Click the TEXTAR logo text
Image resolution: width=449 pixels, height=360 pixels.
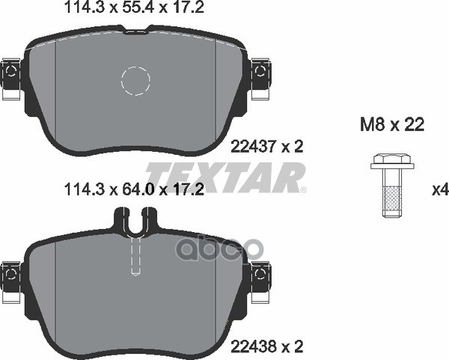pyautogui.click(x=224, y=177)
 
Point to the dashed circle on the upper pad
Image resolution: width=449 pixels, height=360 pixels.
pyautogui.click(x=136, y=81)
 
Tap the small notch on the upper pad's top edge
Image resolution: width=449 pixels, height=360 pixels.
pyautogui.click(x=135, y=31)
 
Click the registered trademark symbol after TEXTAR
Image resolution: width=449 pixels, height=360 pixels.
pyautogui.click(x=303, y=190)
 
